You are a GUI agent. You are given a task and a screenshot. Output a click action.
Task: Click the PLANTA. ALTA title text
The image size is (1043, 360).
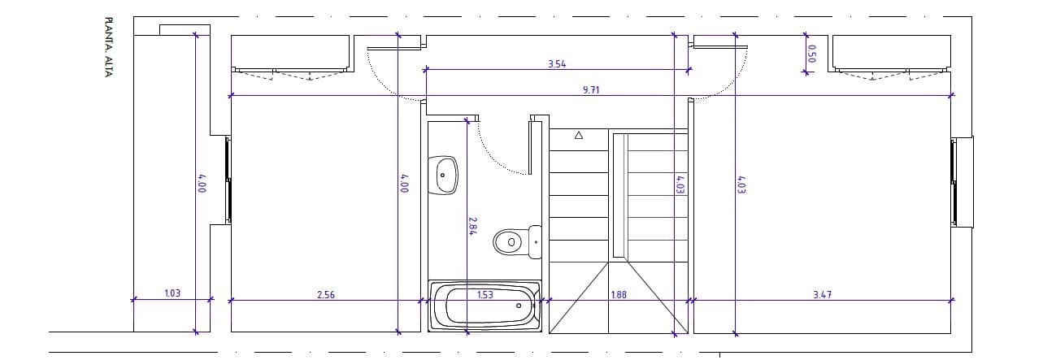click(x=108, y=47)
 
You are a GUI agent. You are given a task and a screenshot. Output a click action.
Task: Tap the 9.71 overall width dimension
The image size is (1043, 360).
click(x=591, y=90)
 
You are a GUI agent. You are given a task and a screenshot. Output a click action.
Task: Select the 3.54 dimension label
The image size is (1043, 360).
click(x=557, y=64)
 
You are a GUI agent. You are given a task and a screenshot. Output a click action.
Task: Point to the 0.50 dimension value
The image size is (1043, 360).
click(x=812, y=54)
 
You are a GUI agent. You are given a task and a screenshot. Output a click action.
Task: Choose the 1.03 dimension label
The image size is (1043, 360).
click(x=172, y=293)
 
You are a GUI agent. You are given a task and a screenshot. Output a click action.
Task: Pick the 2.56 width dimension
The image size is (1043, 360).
click(x=326, y=294)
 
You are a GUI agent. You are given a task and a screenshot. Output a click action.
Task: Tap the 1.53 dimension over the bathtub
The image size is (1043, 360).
click(x=485, y=294)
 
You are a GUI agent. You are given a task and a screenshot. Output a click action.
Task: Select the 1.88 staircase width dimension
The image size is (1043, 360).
click(x=619, y=294)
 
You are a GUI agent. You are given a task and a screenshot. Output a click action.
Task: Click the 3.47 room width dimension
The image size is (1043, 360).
click(x=823, y=294)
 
